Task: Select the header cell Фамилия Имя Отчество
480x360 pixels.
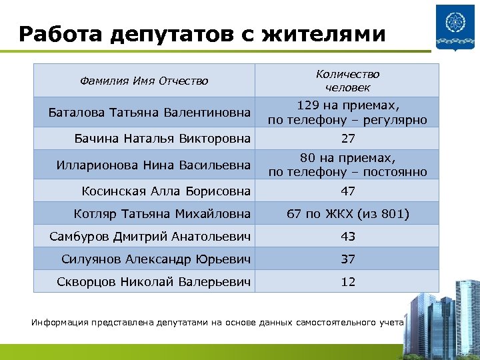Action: tap(144, 81)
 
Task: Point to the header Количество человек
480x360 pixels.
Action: tap(347, 81)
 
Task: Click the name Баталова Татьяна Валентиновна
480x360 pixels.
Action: tap(150, 112)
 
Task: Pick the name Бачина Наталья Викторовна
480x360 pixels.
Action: tap(163, 139)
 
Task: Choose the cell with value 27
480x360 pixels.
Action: tap(348, 139)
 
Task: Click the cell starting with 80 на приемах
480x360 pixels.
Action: tap(347, 165)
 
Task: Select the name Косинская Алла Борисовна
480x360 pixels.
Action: tap(166, 191)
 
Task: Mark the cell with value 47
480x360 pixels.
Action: tap(348, 191)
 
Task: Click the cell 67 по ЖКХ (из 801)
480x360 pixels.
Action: tap(348, 213)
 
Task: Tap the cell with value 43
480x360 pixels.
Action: tap(348, 236)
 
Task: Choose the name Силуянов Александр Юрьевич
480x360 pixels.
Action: tap(156, 259)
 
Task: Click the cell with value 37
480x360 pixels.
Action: tap(348, 259)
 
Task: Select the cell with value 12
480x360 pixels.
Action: tap(348, 281)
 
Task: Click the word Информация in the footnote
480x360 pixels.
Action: tap(60, 323)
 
